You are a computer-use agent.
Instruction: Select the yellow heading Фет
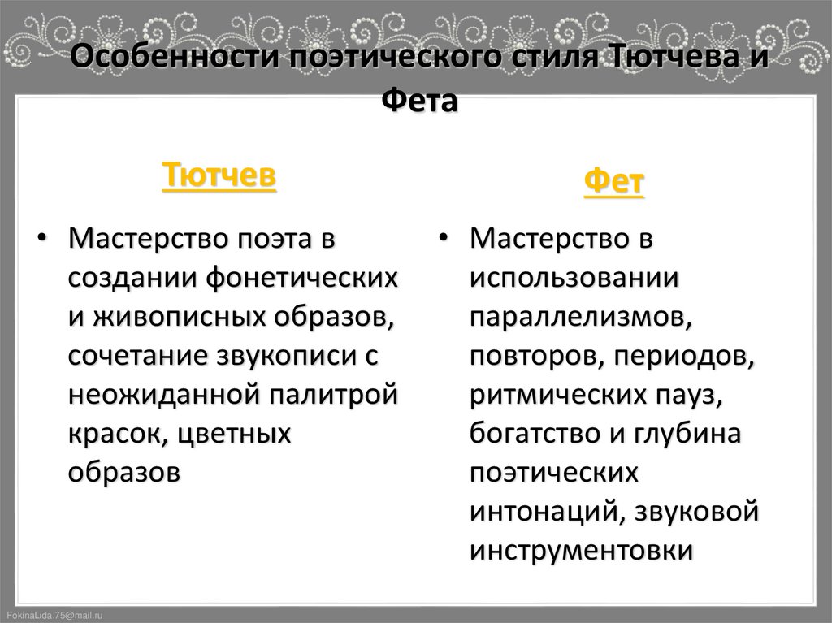pyautogui.click(x=614, y=184)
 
